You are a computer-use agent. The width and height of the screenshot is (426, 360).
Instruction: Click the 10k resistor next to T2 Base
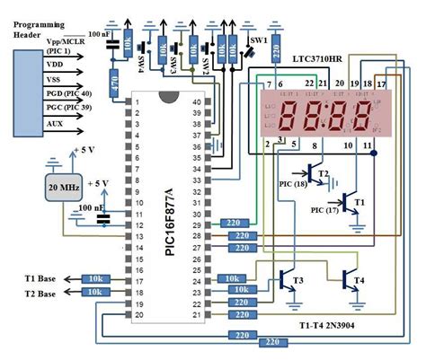(96, 294)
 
